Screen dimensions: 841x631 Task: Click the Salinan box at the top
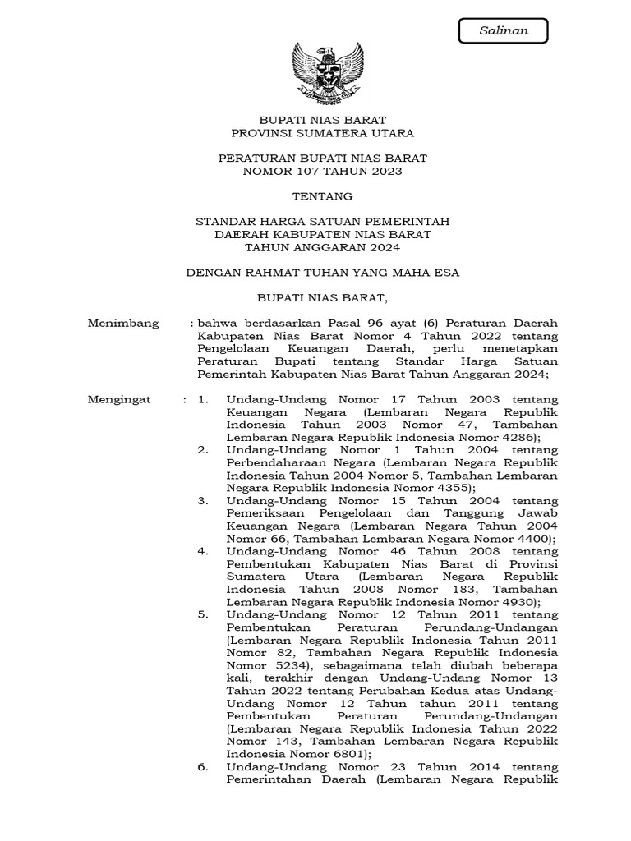pyautogui.click(x=503, y=31)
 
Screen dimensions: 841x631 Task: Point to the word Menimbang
pyautogui.click(x=123, y=323)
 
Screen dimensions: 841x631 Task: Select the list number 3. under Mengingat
pyautogui.click(x=203, y=501)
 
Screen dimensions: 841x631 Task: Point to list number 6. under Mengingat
pyautogui.click(x=203, y=768)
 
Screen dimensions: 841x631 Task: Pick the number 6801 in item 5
pyautogui.click(x=351, y=754)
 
